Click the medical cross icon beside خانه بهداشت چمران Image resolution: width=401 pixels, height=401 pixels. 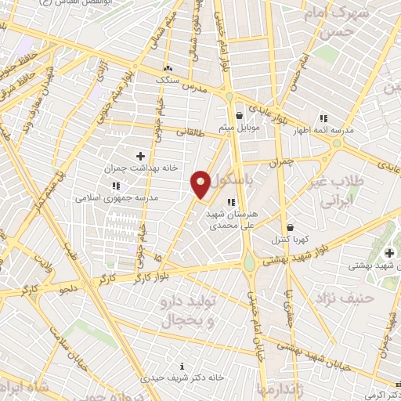coord(141,157)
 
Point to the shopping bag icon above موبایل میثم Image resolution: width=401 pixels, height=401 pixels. coord(239,115)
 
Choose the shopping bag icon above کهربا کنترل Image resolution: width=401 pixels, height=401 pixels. coord(290,226)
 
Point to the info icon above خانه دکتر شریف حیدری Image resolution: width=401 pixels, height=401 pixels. coord(182,366)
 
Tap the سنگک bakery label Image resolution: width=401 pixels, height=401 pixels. coord(168,80)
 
